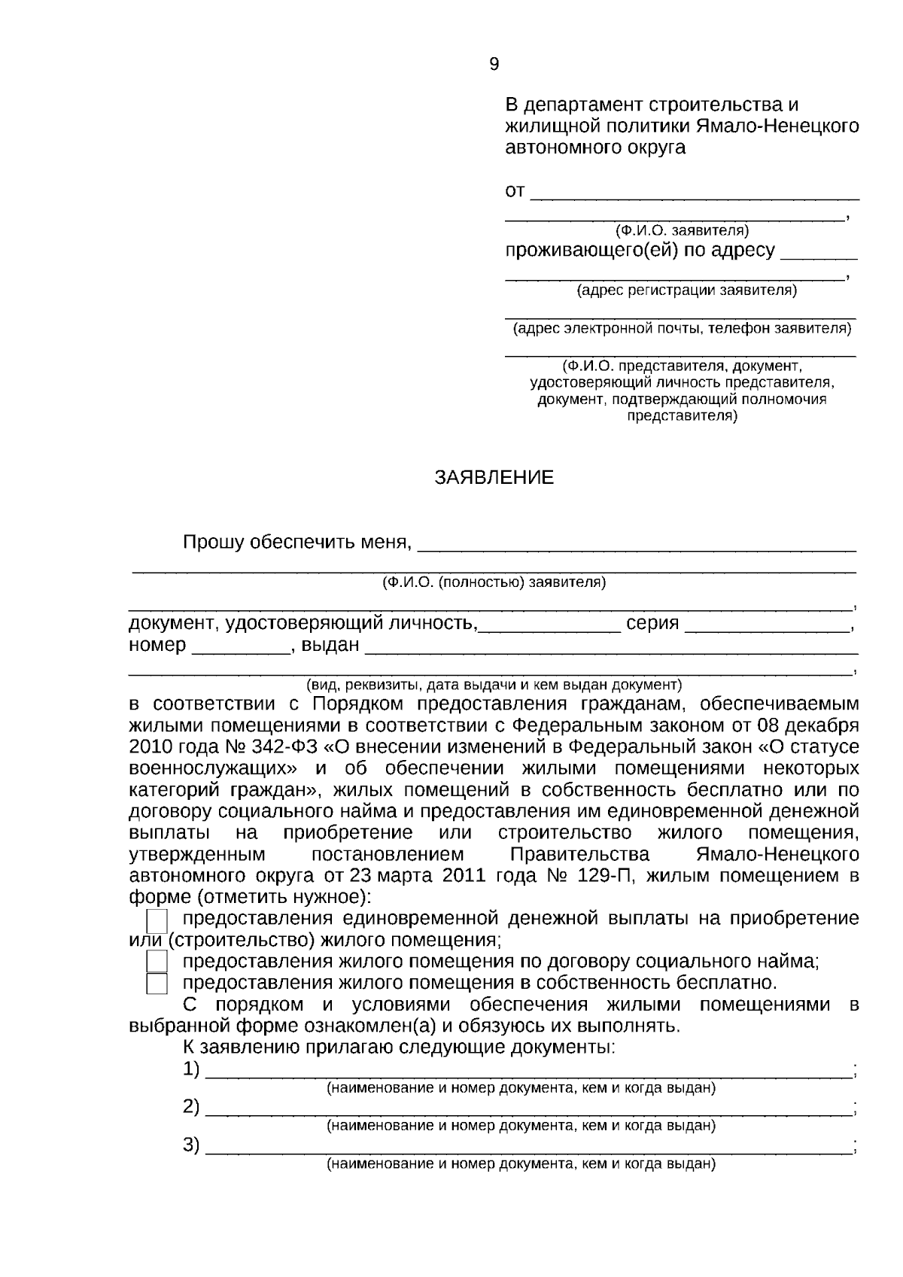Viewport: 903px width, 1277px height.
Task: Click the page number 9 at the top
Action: click(494, 65)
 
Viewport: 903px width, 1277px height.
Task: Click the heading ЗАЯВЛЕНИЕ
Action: click(494, 478)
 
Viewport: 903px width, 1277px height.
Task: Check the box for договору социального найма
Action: click(157, 962)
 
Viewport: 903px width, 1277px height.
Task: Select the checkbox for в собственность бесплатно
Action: click(157, 984)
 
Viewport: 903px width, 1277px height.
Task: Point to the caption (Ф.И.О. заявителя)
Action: click(682, 230)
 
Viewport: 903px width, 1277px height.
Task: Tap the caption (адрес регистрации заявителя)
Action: click(686, 290)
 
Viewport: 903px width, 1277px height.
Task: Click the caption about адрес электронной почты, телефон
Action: click(682, 328)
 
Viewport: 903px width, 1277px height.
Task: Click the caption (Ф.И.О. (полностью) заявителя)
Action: click(494, 582)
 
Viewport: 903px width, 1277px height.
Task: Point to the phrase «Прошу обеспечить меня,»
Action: click(297, 542)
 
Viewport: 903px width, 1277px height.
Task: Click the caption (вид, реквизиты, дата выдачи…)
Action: click(494, 685)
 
